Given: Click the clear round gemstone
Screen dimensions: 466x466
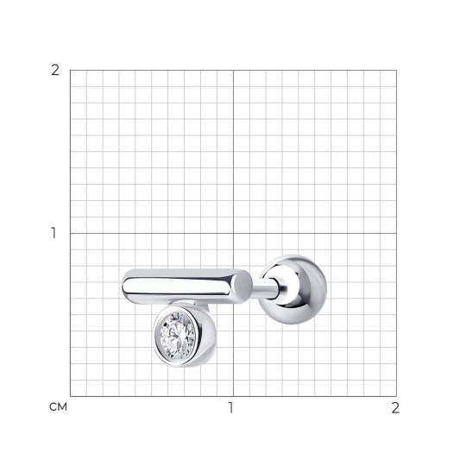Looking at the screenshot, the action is coord(178,335).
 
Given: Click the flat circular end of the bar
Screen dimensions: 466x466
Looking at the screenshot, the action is coord(242,287).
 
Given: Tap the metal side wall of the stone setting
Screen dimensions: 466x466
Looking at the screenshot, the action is coord(208,336).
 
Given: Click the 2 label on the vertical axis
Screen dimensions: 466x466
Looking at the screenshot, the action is coord(55,71).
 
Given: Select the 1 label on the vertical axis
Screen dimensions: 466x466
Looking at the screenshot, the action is coord(54,233).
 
